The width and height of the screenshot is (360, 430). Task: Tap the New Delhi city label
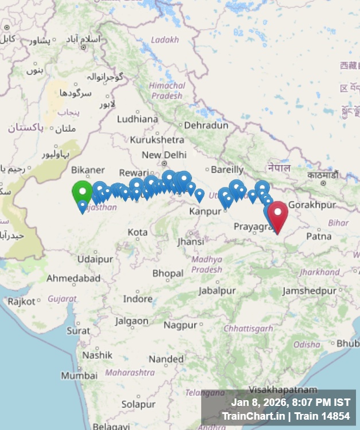pos(164,155)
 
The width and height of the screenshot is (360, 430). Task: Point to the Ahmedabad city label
pos(73,278)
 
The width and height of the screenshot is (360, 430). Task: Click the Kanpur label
pos(205,211)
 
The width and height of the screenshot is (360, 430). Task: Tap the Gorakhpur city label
pos(311,205)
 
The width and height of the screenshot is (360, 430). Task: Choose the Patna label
pos(319,236)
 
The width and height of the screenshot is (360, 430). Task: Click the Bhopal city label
pos(168,273)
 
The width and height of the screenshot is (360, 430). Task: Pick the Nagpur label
pos(180,325)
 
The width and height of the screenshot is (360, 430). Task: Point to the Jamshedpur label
pos(309,291)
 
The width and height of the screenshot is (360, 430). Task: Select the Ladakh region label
pos(165,40)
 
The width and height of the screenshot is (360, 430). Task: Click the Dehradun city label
pos(206,125)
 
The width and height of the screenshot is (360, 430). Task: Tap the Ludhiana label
pos(137,119)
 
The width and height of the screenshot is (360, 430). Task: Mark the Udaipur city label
pos(95,259)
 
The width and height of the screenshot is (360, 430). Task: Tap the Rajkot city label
pos(22,301)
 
